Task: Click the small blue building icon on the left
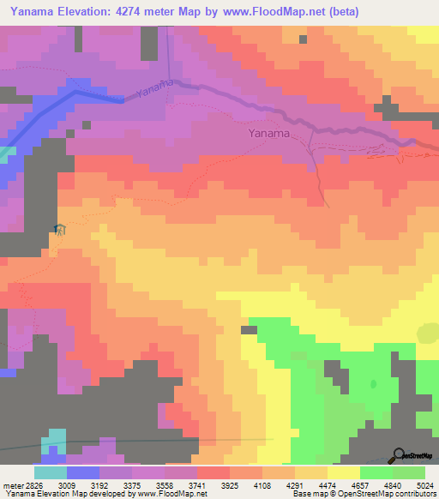point(58,229)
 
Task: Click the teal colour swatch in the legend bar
point(51,472)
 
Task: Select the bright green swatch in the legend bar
point(376,472)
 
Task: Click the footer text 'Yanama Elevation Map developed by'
point(60,494)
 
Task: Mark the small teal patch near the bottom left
point(53,439)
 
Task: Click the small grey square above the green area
point(250,329)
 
